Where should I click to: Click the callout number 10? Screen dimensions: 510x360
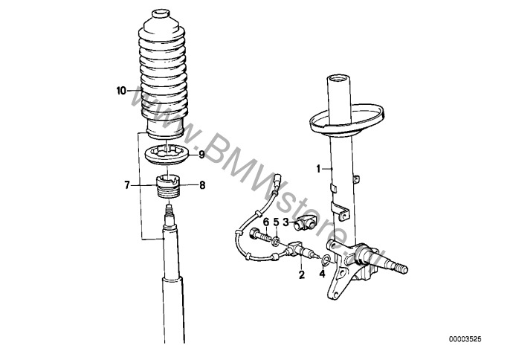pyautogui.click(x=121, y=91)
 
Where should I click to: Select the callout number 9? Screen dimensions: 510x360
pyautogui.click(x=201, y=155)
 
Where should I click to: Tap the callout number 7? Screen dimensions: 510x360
pyautogui.click(x=127, y=185)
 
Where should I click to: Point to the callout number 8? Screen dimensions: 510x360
pyautogui.click(x=202, y=185)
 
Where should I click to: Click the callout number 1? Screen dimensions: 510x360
pyautogui.click(x=319, y=169)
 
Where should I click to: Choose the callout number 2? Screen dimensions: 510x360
pyautogui.click(x=302, y=274)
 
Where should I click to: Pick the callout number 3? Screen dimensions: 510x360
pyautogui.click(x=286, y=222)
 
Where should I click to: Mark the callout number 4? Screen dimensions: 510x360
pyautogui.click(x=322, y=274)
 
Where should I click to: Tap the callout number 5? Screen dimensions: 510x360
pyautogui.click(x=276, y=222)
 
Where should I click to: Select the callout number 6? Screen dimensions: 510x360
pyautogui.click(x=266, y=222)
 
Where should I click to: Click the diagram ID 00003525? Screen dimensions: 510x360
pyautogui.click(x=465, y=339)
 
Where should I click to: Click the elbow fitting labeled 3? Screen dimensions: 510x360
pyautogui.click(x=306, y=225)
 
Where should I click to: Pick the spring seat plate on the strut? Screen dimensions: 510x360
pyautogui.click(x=346, y=123)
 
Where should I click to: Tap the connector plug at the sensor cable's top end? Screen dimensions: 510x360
pyautogui.click(x=278, y=180)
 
